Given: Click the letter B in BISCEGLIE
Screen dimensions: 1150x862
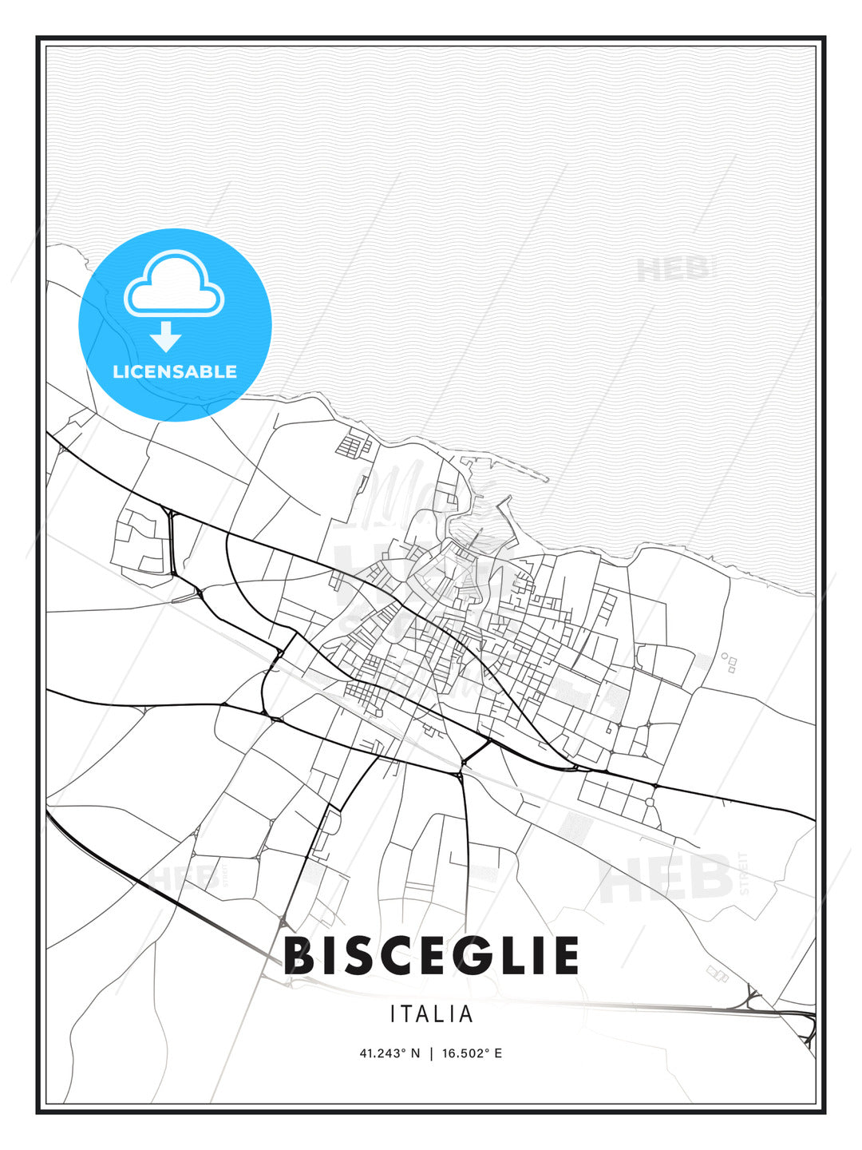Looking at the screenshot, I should click(x=300, y=956).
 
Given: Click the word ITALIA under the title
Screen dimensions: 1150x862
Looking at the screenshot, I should click(x=432, y=1014).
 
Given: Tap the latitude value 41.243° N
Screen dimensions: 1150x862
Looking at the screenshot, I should click(x=389, y=1053).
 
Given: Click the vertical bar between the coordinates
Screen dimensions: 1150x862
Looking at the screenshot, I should click(x=432, y=1053).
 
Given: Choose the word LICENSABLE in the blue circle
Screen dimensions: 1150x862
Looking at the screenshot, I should click(x=175, y=371).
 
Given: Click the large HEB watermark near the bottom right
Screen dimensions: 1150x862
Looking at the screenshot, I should click(x=666, y=878).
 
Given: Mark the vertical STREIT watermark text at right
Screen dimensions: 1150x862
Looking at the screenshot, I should click(x=745, y=874).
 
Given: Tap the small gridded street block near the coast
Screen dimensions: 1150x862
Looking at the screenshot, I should click(x=355, y=445).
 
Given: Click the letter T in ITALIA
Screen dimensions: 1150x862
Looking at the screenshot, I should click(x=409, y=1014).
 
